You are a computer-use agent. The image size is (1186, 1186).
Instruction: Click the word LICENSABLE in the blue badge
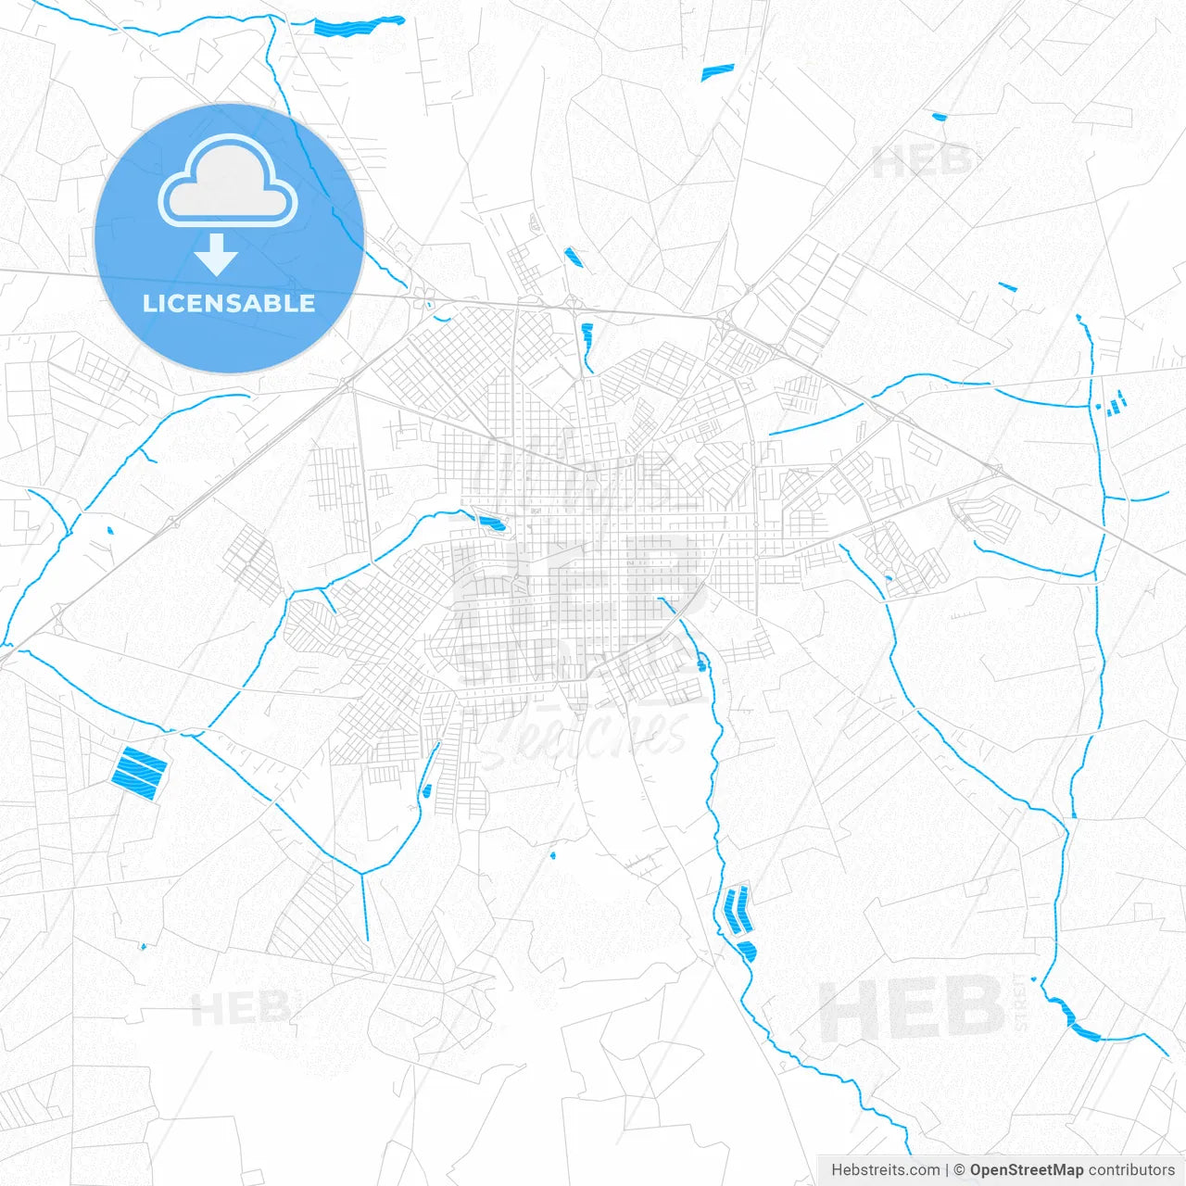pyautogui.click(x=229, y=303)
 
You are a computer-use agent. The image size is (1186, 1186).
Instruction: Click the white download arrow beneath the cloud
pyautogui.click(x=217, y=255)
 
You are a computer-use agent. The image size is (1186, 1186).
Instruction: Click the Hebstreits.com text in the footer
pyautogui.click(x=885, y=1170)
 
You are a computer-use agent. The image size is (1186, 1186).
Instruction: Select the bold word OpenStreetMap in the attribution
pyautogui.click(x=1026, y=1170)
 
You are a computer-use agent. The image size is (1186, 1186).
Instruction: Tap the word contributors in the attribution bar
pyautogui.click(x=1130, y=1170)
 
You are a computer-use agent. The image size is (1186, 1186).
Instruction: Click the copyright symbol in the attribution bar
pyautogui.click(x=959, y=1170)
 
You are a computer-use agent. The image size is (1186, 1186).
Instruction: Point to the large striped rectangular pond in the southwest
pyautogui.click(x=139, y=770)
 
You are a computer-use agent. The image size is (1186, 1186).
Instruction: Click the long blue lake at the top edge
pyautogui.click(x=358, y=25)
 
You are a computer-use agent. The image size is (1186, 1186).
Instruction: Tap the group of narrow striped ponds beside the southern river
pyautogui.click(x=736, y=910)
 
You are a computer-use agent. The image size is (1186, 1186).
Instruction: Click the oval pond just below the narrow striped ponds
pyautogui.click(x=746, y=949)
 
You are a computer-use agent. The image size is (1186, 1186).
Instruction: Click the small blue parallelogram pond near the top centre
pyautogui.click(x=717, y=71)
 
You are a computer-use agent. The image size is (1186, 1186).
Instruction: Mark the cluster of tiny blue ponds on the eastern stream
pyautogui.click(x=1113, y=403)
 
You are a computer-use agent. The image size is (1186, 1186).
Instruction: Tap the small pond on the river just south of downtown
pyautogui.click(x=701, y=662)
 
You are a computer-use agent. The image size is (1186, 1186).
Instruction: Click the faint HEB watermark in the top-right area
pyautogui.click(x=922, y=162)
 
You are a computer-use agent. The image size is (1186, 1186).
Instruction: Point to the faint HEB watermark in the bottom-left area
pyautogui.click(x=239, y=1008)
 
